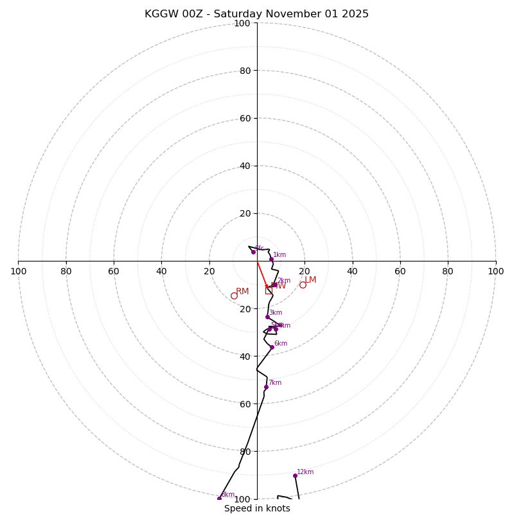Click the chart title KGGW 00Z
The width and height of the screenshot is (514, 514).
tap(256, 14)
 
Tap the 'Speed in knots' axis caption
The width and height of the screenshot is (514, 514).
tap(257, 508)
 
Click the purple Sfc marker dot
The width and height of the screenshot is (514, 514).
tap(253, 252)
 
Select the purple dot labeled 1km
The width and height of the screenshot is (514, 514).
tap(271, 260)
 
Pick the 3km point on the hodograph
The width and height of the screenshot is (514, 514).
tap(267, 317)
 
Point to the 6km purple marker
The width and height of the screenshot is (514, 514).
tap(272, 348)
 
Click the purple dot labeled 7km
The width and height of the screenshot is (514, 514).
tap(266, 387)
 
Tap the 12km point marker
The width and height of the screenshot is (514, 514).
tap(295, 475)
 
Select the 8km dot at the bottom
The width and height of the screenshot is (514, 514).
tap(219, 499)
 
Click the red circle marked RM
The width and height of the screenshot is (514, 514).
tap(234, 296)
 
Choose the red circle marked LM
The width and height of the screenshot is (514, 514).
tap(303, 285)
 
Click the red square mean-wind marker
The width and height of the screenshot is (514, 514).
tap(269, 290)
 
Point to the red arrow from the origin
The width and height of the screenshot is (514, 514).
tap(262, 275)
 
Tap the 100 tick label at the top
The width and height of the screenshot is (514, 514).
tap(242, 23)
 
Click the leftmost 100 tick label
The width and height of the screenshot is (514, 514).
tap(18, 271)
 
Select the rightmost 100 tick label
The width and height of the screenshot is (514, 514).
tap(495, 271)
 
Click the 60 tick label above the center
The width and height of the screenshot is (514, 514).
tap(245, 118)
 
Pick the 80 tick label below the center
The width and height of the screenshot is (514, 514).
tap(245, 451)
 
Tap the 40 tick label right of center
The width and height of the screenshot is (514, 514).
tap(352, 271)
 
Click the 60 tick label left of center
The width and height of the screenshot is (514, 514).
tap(114, 271)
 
